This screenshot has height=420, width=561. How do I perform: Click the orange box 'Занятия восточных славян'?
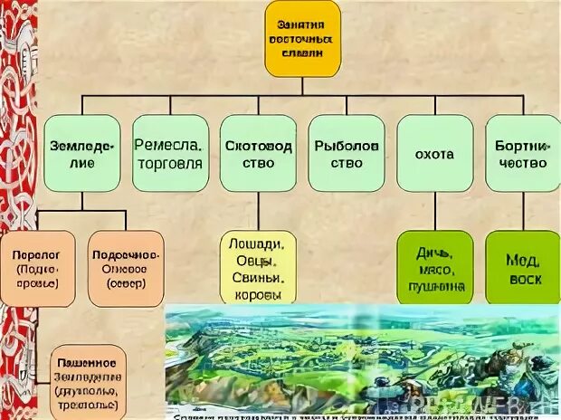pyautogui.click(x=302, y=39)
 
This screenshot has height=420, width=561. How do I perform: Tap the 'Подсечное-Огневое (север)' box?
pyautogui.click(x=126, y=269)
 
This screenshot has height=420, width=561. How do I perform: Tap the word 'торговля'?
pyautogui.click(x=169, y=164)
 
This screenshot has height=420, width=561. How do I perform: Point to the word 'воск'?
pyautogui.click(x=523, y=280)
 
